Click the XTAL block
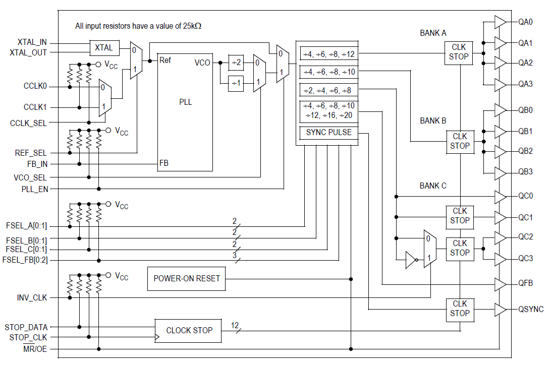tap(104, 48)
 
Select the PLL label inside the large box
tap(185, 102)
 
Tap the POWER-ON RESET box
tap(187, 278)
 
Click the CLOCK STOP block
tap(189, 331)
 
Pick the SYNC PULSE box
tap(328, 133)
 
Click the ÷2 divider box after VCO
tap(235, 63)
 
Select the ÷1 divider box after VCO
tap(235, 83)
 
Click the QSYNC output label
tap(531, 309)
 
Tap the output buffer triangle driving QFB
tap(500, 284)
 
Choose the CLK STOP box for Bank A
tap(459, 52)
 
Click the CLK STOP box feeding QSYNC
tap(460, 309)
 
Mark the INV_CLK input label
tap(32, 298)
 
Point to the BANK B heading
tap(433, 121)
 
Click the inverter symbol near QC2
tap(412, 261)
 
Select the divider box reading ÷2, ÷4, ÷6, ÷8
tap(328, 91)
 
